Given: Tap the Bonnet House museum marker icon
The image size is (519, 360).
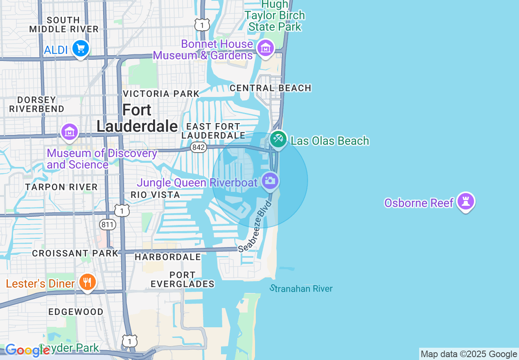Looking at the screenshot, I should pyautogui.click(x=265, y=48).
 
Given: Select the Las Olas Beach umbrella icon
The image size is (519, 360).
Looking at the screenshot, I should pyautogui.click(x=278, y=139).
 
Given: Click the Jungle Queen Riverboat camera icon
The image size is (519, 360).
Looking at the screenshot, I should pyautogui.click(x=270, y=180).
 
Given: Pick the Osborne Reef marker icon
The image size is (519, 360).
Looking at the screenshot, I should pyautogui.click(x=466, y=201).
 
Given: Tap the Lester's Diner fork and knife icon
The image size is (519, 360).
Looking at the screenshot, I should pyautogui.click(x=87, y=282).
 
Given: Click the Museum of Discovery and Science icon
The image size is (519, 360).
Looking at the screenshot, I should pyautogui.click(x=69, y=132).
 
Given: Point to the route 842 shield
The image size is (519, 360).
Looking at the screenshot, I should pyautogui.click(x=199, y=147).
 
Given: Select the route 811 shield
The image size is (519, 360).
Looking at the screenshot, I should pyautogui.click(x=108, y=224).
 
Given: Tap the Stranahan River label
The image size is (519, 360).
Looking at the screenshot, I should pyautogui.click(x=301, y=288).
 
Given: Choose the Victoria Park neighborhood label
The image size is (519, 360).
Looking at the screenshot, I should pyautogui.click(x=161, y=94).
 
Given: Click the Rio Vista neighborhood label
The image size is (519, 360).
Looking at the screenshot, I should pyautogui.click(x=155, y=195).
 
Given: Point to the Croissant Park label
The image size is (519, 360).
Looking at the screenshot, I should pyautogui.click(x=75, y=253).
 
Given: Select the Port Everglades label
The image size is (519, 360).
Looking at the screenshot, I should pyautogui.click(x=183, y=279).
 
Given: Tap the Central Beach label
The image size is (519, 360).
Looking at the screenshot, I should pyautogui.click(x=271, y=88).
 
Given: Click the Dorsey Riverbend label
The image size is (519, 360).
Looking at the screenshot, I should pyautogui.click(x=37, y=104).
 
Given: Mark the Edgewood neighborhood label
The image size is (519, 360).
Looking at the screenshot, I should pyautogui.click(x=76, y=312).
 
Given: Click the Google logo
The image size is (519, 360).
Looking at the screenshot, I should pyautogui.click(x=27, y=350).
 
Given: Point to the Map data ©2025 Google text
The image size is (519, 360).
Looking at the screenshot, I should pyautogui.click(x=469, y=354).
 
